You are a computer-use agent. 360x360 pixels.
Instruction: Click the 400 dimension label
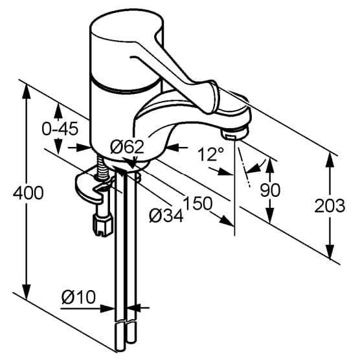(28, 193)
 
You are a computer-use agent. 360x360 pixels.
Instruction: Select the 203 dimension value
(330, 206)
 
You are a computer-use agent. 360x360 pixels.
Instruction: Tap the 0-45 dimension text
(60, 129)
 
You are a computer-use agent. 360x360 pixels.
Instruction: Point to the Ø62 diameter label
(127, 147)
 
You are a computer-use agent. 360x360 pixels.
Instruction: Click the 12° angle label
(210, 154)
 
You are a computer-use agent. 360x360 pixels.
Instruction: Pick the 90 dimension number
(270, 190)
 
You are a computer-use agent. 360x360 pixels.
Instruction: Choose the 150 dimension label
(197, 203)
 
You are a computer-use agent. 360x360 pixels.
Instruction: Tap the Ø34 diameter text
(166, 216)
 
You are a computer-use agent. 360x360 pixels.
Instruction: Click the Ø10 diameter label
(78, 297)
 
